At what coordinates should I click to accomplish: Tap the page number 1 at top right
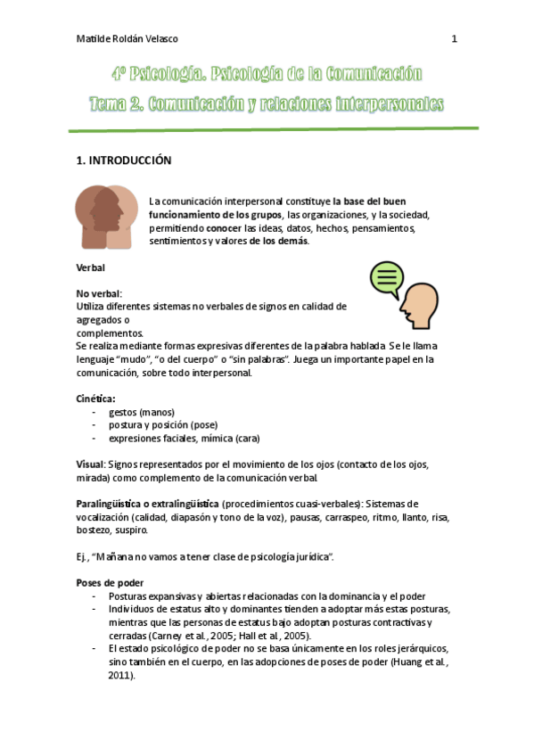point(454,39)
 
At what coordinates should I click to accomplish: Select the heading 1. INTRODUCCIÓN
point(123,160)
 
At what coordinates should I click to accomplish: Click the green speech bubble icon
point(386,279)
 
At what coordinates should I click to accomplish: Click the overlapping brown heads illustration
point(107,218)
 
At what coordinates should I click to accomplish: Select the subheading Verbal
point(91,267)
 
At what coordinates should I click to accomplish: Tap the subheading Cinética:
point(95,399)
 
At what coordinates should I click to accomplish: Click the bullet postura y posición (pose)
point(162,425)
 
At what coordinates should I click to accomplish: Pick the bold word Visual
point(90,464)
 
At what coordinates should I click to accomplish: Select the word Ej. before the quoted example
point(83,556)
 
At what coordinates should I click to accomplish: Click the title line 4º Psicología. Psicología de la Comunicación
point(267,74)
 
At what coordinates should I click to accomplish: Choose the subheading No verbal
point(98,293)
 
